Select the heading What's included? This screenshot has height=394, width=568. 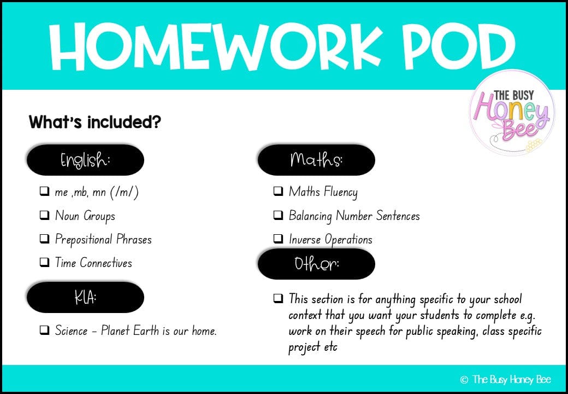click(x=94, y=121)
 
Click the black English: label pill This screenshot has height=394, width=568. click(x=85, y=160)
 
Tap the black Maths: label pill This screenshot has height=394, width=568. click(x=316, y=160)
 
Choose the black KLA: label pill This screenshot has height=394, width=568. click(x=85, y=297)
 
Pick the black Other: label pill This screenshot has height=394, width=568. click(x=316, y=264)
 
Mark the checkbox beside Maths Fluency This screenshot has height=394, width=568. click(x=278, y=192)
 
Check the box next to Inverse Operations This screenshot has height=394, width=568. click(x=278, y=239)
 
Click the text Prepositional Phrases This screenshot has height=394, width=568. click(x=103, y=239)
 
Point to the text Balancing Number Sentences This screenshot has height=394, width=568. click(x=354, y=216)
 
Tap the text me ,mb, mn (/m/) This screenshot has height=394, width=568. click(x=97, y=192)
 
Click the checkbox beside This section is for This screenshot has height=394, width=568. click(x=278, y=299)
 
